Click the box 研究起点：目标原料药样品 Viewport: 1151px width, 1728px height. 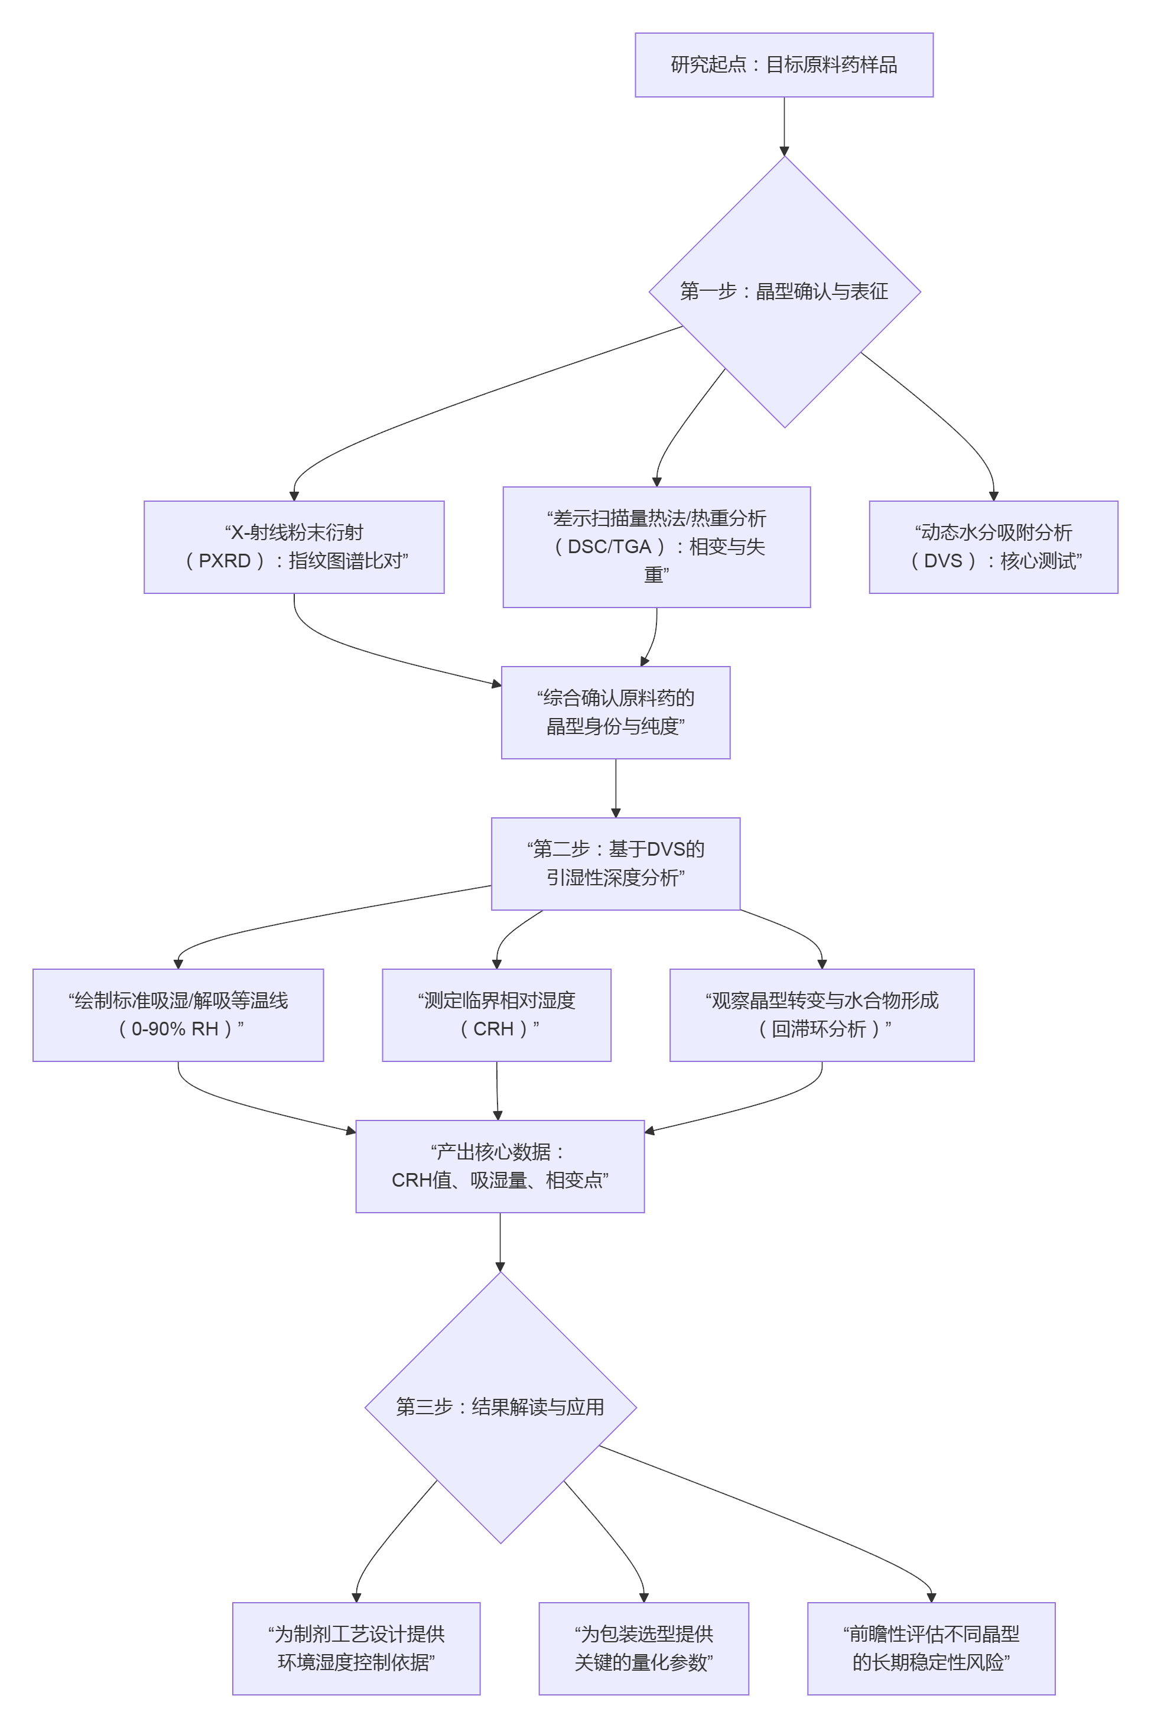[x=783, y=64]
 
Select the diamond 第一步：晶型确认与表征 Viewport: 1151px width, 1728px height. [x=783, y=291]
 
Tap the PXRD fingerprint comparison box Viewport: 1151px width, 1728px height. [x=294, y=547]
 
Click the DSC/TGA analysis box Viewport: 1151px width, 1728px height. [x=656, y=547]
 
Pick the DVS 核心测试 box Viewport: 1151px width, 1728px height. [x=993, y=547]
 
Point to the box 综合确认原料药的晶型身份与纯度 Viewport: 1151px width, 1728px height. [x=615, y=712]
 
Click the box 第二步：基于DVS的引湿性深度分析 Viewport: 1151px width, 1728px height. [x=615, y=863]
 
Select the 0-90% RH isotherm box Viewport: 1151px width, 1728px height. [x=178, y=1015]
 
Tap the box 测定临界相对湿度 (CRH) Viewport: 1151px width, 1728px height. [x=496, y=1015]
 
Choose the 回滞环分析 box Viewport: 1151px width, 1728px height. [x=821, y=1015]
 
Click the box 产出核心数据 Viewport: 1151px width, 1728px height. [x=500, y=1166]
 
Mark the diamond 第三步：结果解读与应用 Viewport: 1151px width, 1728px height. [x=500, y=1407]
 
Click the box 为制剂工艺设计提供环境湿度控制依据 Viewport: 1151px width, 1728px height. [x=356, y=1648]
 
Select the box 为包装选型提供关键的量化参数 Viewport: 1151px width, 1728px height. [x=643, y=1648]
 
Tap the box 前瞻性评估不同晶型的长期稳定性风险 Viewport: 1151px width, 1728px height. [x=931, y=1648]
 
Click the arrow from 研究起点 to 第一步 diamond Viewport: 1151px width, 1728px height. [x=784, y=125]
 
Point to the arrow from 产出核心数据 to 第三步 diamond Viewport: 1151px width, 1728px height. [x=500, y=1240]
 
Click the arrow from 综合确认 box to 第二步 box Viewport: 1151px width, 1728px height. [x=615, y=787]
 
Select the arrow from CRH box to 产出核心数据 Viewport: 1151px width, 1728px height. [x=497, y=1090]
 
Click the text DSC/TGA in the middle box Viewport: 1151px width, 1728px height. [x=609, y=547]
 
